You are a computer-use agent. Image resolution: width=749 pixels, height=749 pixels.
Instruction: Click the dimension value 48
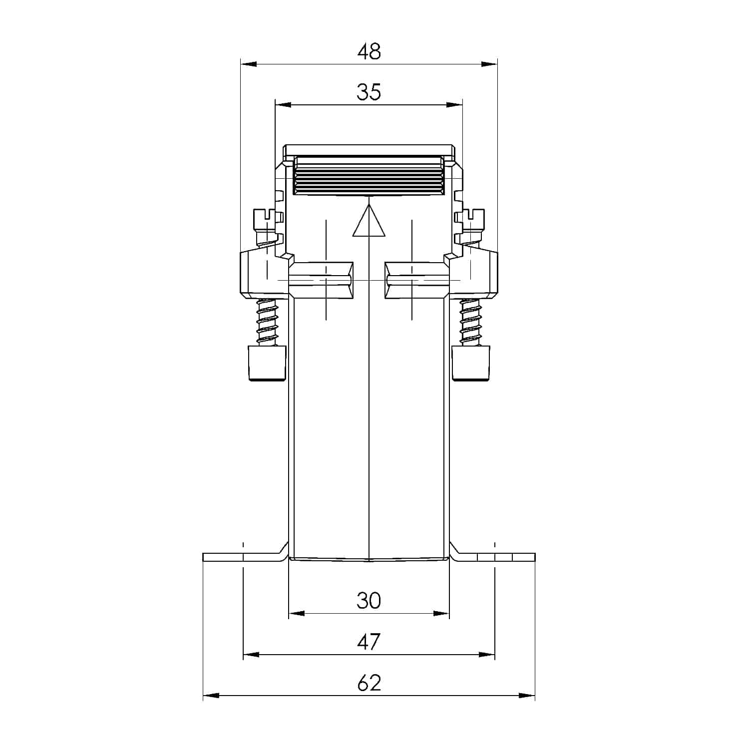point(369,51)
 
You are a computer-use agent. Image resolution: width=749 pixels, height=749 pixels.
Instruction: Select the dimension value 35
point(369,92)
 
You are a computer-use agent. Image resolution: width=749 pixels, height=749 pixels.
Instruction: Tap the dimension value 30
point(369,600)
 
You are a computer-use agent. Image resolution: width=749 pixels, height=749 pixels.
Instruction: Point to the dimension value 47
point(369,642)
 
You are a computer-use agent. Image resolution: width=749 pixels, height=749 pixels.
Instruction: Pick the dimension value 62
point(369,683)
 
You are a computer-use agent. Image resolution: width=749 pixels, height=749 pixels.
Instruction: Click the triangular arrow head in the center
point(369,222)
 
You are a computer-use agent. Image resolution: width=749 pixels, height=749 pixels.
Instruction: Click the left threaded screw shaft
point(267,322)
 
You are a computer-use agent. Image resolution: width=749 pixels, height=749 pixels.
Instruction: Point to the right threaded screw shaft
point(470,322)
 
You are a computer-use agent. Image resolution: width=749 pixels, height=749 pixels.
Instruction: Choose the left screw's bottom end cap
point(267,363)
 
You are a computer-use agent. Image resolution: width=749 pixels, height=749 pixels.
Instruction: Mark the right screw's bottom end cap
point(471,363)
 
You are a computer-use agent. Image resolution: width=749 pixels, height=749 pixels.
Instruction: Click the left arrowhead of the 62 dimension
point(211,695)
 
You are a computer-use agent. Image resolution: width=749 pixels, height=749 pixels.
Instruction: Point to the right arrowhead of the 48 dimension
point(489,64)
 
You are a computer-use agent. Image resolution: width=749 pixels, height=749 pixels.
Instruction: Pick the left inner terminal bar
point(322,281)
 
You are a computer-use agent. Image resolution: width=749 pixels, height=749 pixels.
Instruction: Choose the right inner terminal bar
point(416,281)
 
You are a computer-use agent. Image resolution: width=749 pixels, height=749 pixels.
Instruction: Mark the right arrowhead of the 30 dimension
point(441,613)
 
